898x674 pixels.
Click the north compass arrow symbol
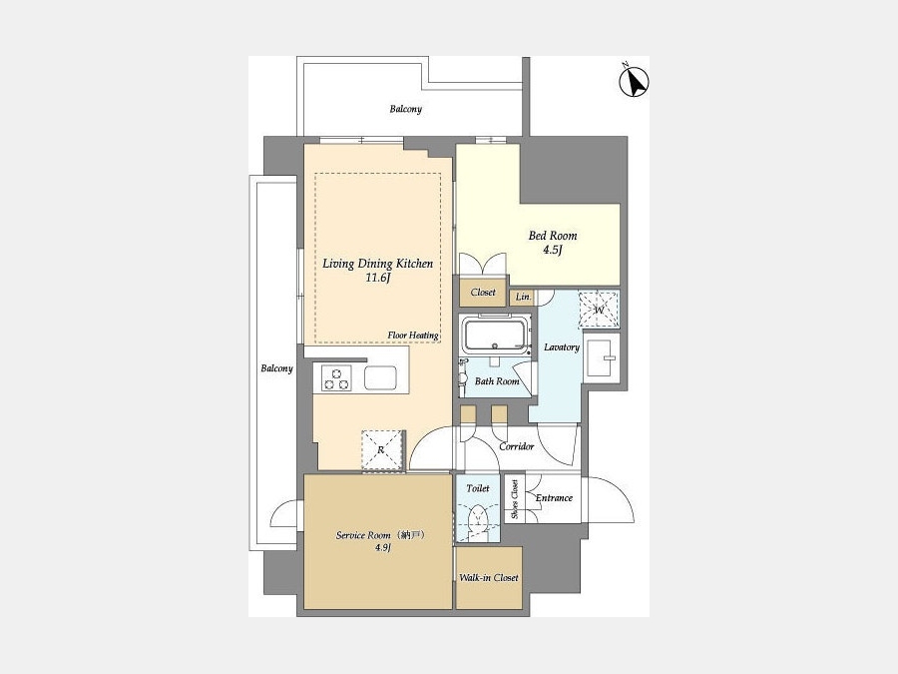coord(634,82)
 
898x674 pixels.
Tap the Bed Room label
coord(552,236)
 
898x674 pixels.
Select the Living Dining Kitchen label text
coord(377,264)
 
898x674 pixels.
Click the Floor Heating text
coord(413,336)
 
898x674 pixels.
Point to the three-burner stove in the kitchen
coord(336,377)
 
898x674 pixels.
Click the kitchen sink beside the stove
coord(380,377)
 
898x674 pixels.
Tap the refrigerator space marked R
coord(382,450)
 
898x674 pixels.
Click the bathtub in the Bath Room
coord(495,336)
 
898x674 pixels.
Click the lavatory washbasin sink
coord(602,358)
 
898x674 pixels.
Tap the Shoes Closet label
coord(515,499)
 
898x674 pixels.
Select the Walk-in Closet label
coord(489,578)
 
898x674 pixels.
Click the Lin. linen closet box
coord(524,297)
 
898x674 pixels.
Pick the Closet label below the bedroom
coord(483,293)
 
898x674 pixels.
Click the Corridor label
coord(517,446)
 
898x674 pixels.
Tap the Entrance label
coord(554,498)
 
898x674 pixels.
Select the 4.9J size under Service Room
coord(382,547)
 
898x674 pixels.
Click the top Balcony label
coord(405,109)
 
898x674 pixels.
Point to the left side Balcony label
coord(276,368)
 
